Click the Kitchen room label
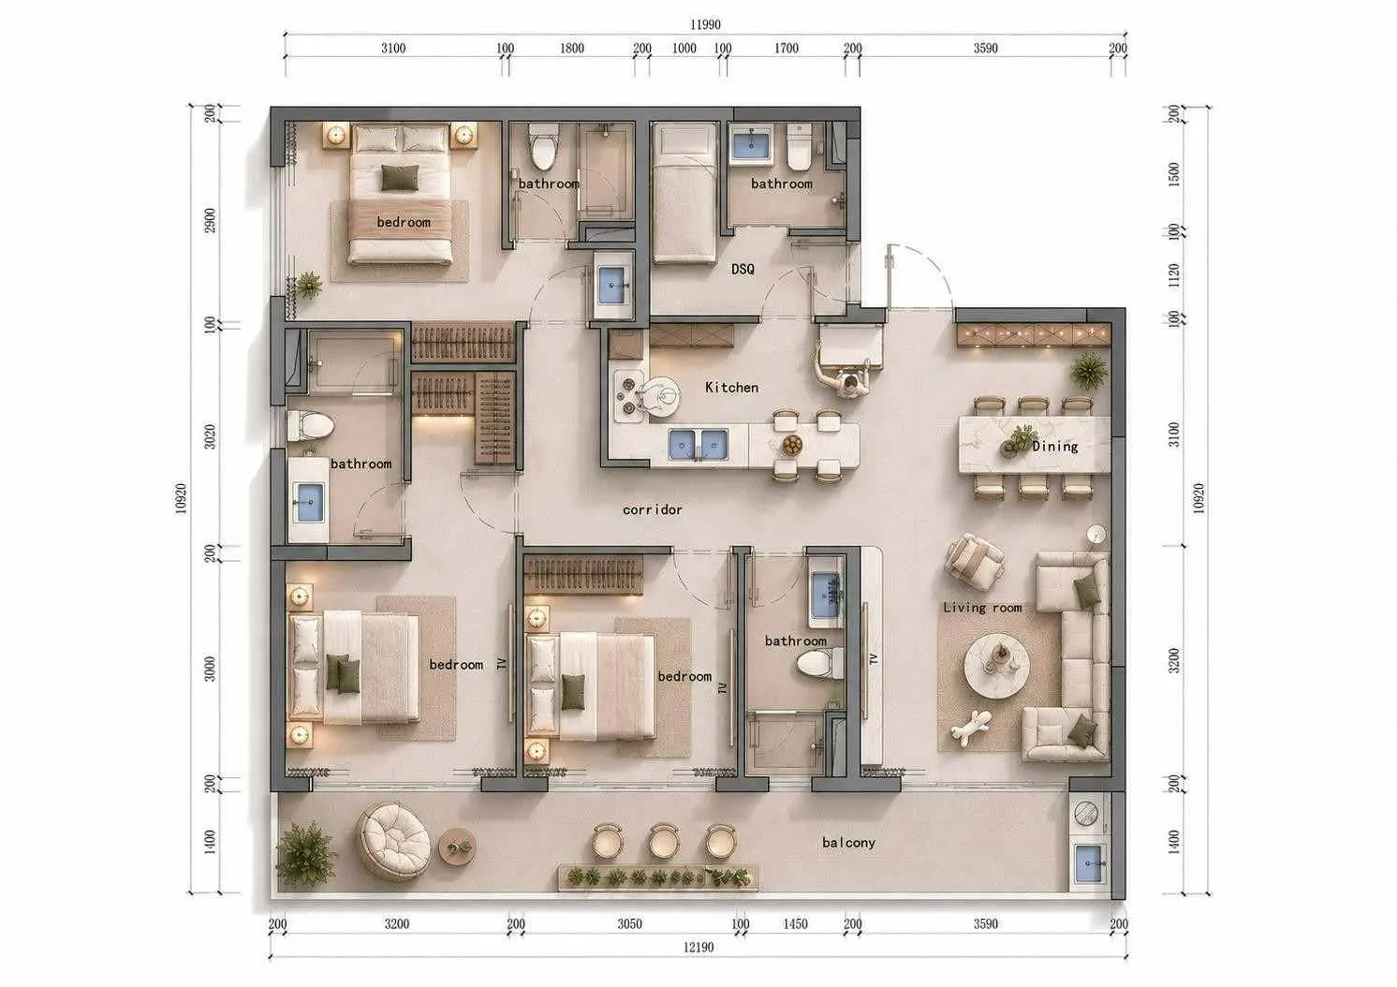click(x=731, y=388)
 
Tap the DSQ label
click(x=743, y=269)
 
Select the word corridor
click(x=653, y=509)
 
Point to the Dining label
click(x=1054, y=446)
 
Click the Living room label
click(x=982, y=607)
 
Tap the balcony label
click(x=848, y=843)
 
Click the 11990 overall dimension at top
click(x=705, y=24)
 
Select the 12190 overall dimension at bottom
click(x=698, y=947)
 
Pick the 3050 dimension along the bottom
click(x=629, y=923)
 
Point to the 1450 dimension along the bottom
click(x=795, y=923)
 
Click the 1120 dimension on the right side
click(x=1174, y=275)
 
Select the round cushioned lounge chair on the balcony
click(x=393, y=841)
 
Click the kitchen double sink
click(x=698, y=445)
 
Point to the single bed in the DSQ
click(x=684, y=194)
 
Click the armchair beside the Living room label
click(x=974, y=561)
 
